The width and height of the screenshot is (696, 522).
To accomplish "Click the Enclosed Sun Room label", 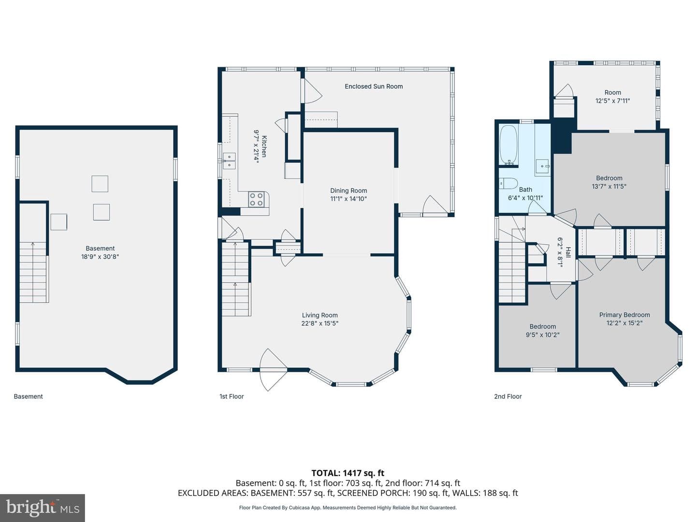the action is point(374,86).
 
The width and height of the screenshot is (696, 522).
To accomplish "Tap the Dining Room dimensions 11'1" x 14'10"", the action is point(348,199).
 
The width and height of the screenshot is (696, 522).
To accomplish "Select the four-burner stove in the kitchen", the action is point(256,199).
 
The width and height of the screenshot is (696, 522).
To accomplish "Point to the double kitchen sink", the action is point(229,160).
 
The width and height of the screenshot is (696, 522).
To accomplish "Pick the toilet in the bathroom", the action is point(508,183).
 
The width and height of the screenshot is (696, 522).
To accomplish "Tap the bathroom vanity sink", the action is point(542,166).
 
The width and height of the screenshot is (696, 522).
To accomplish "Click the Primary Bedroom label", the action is point(624,315).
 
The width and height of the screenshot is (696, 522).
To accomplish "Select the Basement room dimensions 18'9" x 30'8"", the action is point(100,256).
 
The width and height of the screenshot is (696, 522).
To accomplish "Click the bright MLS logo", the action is point(43,507).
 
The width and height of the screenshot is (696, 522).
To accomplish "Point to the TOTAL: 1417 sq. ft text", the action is point(348,473).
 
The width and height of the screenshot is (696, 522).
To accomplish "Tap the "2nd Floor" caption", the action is point(507,396).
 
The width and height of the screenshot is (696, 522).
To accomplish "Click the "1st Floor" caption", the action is point(232,396).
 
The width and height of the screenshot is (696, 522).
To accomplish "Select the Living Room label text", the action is point(319,315).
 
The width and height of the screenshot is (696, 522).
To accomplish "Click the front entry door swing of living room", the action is point(273,370).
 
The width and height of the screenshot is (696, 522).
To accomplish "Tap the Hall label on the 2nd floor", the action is point(568,252).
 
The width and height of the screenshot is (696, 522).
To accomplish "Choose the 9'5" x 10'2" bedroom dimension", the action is point(542,334).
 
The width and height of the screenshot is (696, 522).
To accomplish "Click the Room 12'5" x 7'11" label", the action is point(612,97).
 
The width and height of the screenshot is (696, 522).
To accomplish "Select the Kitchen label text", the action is point(264,146).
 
